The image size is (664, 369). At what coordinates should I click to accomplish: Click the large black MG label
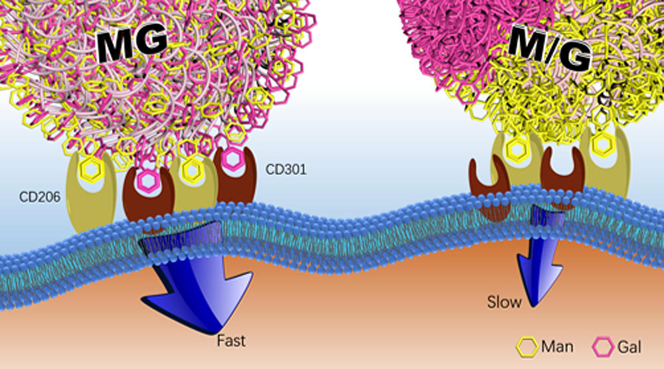tap(133, 45)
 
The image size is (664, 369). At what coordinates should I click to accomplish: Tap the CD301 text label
tap(286, 169)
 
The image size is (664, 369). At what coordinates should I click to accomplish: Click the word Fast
tap(230, 342)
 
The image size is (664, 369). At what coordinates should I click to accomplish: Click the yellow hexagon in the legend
tap(528, 346)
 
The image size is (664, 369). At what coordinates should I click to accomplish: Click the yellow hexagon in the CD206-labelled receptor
tap(91, 171)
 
